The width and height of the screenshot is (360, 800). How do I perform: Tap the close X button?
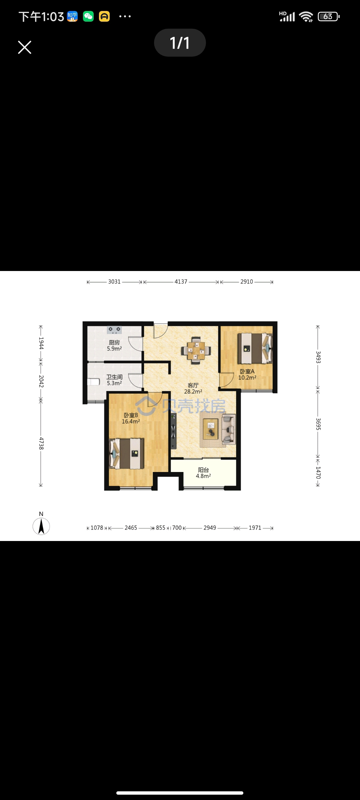tap(25, 47)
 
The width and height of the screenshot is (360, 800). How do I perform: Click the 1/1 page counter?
tap(180, 43)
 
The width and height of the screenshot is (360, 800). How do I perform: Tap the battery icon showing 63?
tap(329, 16)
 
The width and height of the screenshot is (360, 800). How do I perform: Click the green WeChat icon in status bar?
tap(88, 16)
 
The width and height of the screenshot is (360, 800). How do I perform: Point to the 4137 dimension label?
tap(181, 282)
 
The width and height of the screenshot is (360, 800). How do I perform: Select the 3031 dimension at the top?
tap(114, 282)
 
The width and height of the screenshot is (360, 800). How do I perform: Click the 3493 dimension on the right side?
tap(318, 357)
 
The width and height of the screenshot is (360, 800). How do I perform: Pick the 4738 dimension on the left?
tap(41, 443)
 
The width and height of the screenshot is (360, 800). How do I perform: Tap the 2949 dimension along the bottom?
tap(210, 528)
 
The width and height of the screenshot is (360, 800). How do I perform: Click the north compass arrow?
tap(41, 527)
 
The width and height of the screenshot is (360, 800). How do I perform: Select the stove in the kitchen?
tap(114, 330)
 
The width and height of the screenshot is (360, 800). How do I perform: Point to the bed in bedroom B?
tap(127, 454)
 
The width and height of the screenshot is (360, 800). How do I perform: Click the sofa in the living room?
tap(229, 429)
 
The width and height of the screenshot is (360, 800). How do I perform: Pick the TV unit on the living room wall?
tap(173, 431)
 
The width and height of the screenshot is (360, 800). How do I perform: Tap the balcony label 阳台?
tap(203, 470)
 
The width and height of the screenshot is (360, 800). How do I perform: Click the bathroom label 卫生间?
tap(114, 377)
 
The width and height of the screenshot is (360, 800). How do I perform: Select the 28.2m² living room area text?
tap(193, 392)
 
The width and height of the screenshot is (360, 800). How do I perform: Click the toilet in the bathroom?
tap(93, 382)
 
